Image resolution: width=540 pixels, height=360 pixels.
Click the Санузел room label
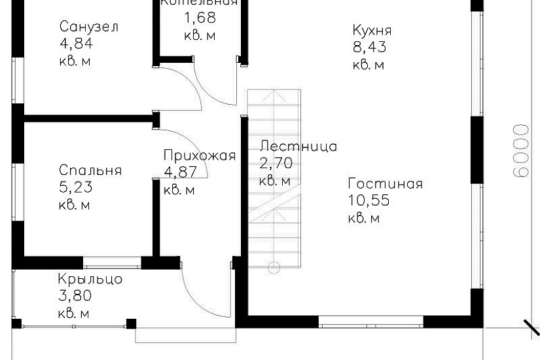point(89,27)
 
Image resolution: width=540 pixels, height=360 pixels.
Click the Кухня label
point(372,31)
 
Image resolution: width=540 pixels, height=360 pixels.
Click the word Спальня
point(90,171)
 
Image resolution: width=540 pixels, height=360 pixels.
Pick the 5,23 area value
point(76,188)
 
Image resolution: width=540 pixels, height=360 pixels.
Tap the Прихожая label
point(199,156)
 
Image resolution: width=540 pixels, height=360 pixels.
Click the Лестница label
point(298,146)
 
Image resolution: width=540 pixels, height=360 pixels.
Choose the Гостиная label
point(386,184)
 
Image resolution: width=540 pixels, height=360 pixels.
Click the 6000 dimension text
point(520,151)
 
